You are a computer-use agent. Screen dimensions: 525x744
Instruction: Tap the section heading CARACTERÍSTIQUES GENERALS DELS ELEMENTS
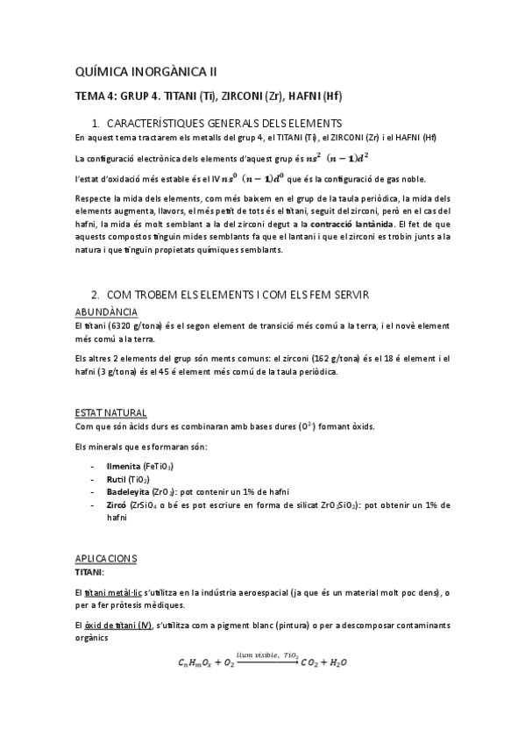coord(223,123)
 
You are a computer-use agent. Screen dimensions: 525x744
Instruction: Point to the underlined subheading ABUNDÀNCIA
coord(105,311)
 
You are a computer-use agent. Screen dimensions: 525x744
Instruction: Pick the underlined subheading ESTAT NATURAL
coord(111,412)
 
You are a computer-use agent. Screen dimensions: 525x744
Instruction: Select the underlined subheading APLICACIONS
coord(109,558)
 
